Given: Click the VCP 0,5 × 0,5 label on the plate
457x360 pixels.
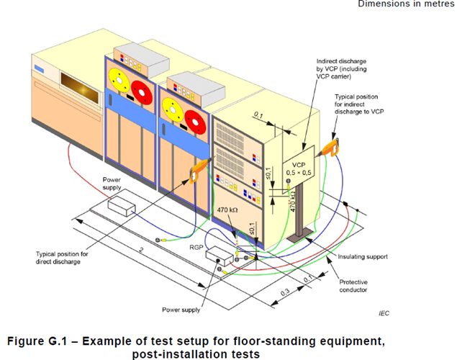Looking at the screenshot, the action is pos(299,168).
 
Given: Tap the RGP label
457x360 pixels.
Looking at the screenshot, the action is pos(196,248).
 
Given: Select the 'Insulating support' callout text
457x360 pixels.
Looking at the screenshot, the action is pos(363,257).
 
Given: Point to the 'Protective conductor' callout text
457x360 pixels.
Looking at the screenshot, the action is pos(353,286).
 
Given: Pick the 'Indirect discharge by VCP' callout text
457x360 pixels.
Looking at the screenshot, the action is pos(341,69).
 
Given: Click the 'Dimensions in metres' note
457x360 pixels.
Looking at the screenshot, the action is pos(406,4).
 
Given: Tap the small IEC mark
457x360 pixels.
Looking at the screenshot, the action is pos(384,313).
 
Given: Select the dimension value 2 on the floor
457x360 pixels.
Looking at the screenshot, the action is pos(141,250).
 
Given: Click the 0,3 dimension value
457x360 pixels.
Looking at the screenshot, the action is pos(285,292).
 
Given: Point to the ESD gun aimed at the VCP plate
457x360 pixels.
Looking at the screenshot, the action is pos(329,148).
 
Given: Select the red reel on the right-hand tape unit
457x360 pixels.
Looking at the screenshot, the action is pos(195,122).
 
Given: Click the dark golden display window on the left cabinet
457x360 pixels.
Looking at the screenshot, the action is pos(80,88).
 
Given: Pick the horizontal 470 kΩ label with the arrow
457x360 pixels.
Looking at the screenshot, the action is pos(227,210).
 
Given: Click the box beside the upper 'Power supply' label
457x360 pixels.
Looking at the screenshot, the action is pos(122,206).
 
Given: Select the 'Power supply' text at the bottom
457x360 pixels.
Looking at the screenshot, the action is pos(181,310).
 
